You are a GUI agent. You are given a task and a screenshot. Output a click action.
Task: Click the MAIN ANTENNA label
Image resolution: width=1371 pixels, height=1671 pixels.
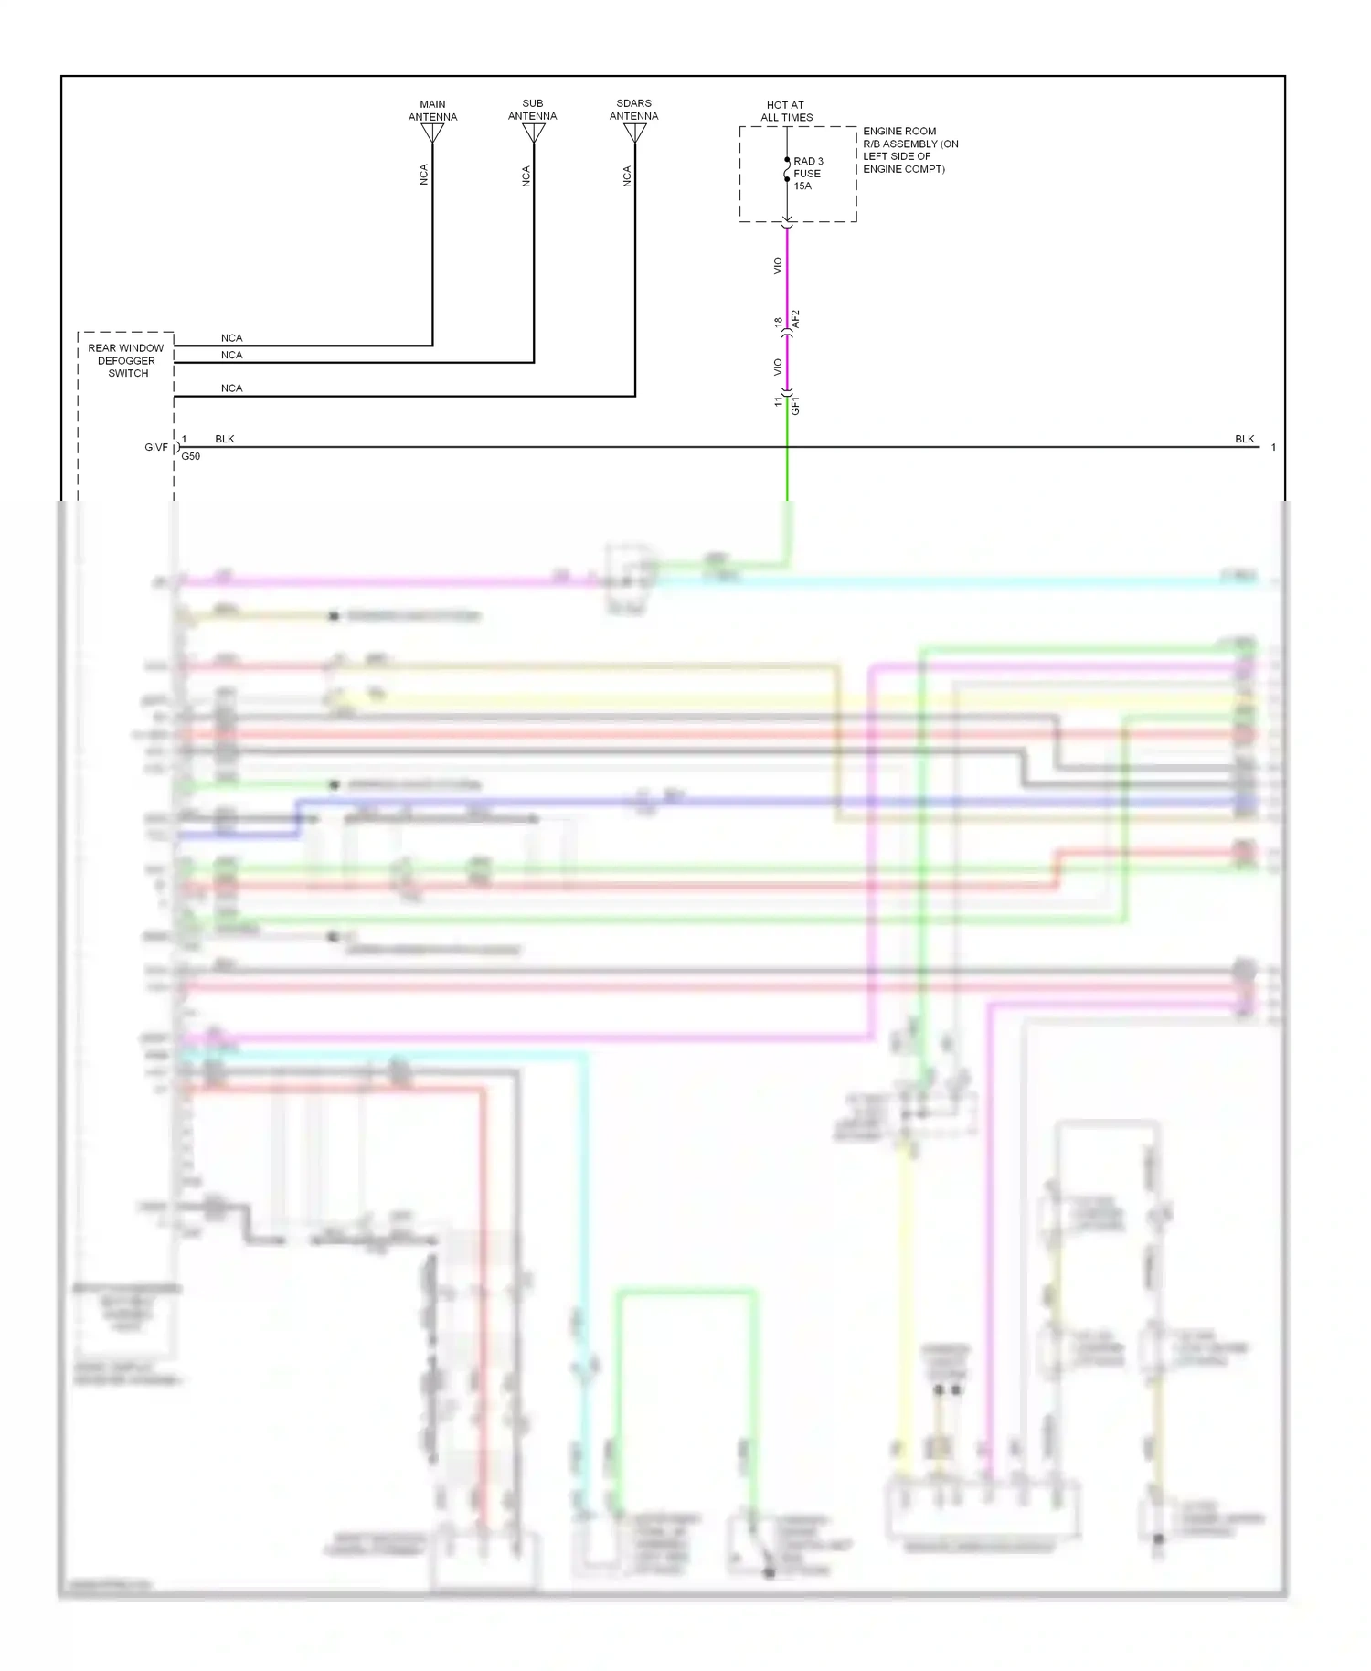tap(432, 111)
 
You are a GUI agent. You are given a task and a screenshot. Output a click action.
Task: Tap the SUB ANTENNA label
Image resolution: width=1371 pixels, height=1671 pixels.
tap(532, 110)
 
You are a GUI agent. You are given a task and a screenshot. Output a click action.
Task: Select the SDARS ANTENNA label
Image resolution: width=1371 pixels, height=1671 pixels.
tap(633, 110)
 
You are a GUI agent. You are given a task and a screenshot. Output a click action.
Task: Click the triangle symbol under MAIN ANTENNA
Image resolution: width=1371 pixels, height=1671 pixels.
tap(432, 133)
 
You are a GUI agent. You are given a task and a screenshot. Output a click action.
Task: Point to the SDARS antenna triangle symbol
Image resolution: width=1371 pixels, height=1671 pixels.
tap(634, 133)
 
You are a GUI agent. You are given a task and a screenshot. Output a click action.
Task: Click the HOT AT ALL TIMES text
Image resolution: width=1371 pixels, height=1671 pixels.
tap(786, 111)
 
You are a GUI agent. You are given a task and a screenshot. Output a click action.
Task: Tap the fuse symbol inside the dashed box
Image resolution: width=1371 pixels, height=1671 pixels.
tap(787, 170)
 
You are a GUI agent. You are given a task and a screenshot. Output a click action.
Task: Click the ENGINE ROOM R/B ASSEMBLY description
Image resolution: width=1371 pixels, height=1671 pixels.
tap(910, 150)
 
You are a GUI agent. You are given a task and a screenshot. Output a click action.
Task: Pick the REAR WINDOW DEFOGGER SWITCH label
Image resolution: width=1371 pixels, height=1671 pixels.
tap(126, 360)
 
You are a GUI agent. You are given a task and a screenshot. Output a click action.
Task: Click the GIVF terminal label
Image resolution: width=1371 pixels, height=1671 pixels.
tap(156, 447)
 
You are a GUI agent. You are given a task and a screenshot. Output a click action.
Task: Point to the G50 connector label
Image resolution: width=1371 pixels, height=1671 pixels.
tap(190, 456)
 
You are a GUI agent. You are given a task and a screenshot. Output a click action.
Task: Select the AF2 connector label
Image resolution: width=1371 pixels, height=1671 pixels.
tap(795, 319)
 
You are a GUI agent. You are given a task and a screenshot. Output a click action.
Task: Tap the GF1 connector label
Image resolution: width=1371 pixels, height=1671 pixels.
tap(795, 406)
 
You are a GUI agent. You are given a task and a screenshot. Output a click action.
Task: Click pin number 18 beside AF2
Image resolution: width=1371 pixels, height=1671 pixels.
tap(779, 324)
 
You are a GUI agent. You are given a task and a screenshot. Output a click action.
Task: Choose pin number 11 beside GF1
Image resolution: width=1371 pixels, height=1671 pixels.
tap(779, 401)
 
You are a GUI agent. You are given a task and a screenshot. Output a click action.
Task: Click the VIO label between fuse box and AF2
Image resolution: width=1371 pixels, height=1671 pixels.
tap(778, 266)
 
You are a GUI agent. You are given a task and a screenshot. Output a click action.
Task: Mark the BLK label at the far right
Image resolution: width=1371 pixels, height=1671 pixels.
tap(1244, 440)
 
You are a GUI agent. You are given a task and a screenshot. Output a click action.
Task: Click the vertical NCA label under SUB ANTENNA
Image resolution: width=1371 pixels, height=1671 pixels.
tap(526, 176)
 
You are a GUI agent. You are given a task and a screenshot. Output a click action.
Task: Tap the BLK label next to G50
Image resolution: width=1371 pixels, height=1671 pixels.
tap(225, 440)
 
